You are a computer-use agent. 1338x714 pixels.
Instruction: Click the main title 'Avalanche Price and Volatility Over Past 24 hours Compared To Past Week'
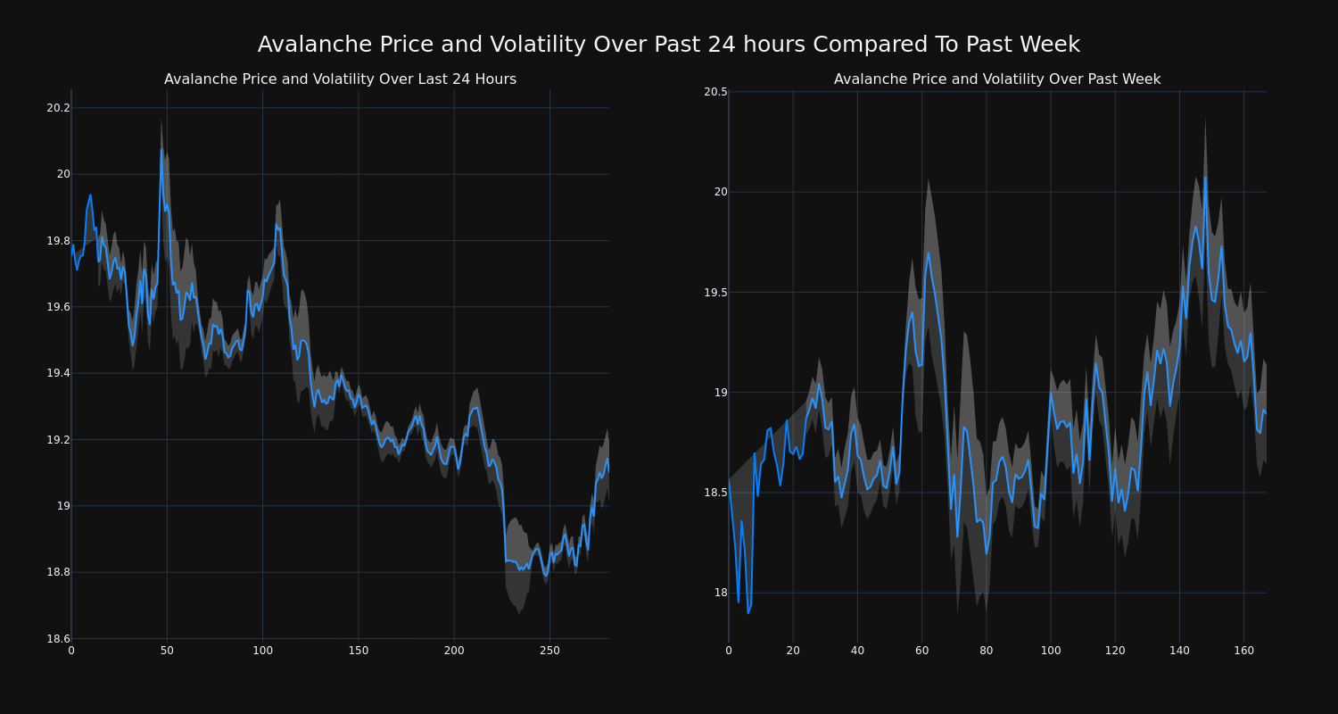coord(668,45)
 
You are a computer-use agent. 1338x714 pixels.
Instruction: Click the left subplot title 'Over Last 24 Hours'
coord(340,79)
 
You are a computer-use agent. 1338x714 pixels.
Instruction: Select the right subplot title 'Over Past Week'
coord(996,79)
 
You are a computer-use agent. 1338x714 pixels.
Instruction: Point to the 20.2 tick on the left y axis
coord(58,108)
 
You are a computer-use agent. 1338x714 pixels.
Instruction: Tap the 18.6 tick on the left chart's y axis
coord(58,639)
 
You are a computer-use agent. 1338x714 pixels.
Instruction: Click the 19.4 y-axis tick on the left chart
coord(58,373)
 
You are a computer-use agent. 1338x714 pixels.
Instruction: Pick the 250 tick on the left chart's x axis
coord(549,652)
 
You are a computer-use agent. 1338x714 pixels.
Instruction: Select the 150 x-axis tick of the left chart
coord(358,652)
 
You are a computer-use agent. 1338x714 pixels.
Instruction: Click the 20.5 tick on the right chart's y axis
coord(715,92)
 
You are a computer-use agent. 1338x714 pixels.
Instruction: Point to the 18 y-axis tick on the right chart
coord(720,593)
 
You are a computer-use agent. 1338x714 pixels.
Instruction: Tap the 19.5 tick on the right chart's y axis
coord(715,293)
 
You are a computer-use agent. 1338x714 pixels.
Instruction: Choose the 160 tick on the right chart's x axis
coord(1243,652)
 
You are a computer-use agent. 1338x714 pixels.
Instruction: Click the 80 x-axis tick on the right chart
coord(986,652)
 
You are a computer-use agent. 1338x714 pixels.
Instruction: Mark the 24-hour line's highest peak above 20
coord(161,149)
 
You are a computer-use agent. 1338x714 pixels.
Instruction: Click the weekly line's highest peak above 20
coord(1205,177)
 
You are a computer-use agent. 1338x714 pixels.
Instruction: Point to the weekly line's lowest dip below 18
coord(747,613)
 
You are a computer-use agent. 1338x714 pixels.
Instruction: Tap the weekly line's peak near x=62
coord(928,253)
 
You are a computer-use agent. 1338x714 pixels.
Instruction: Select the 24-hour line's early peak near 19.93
coord(90,195)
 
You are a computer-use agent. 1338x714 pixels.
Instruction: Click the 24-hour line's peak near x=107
coord(277,224)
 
